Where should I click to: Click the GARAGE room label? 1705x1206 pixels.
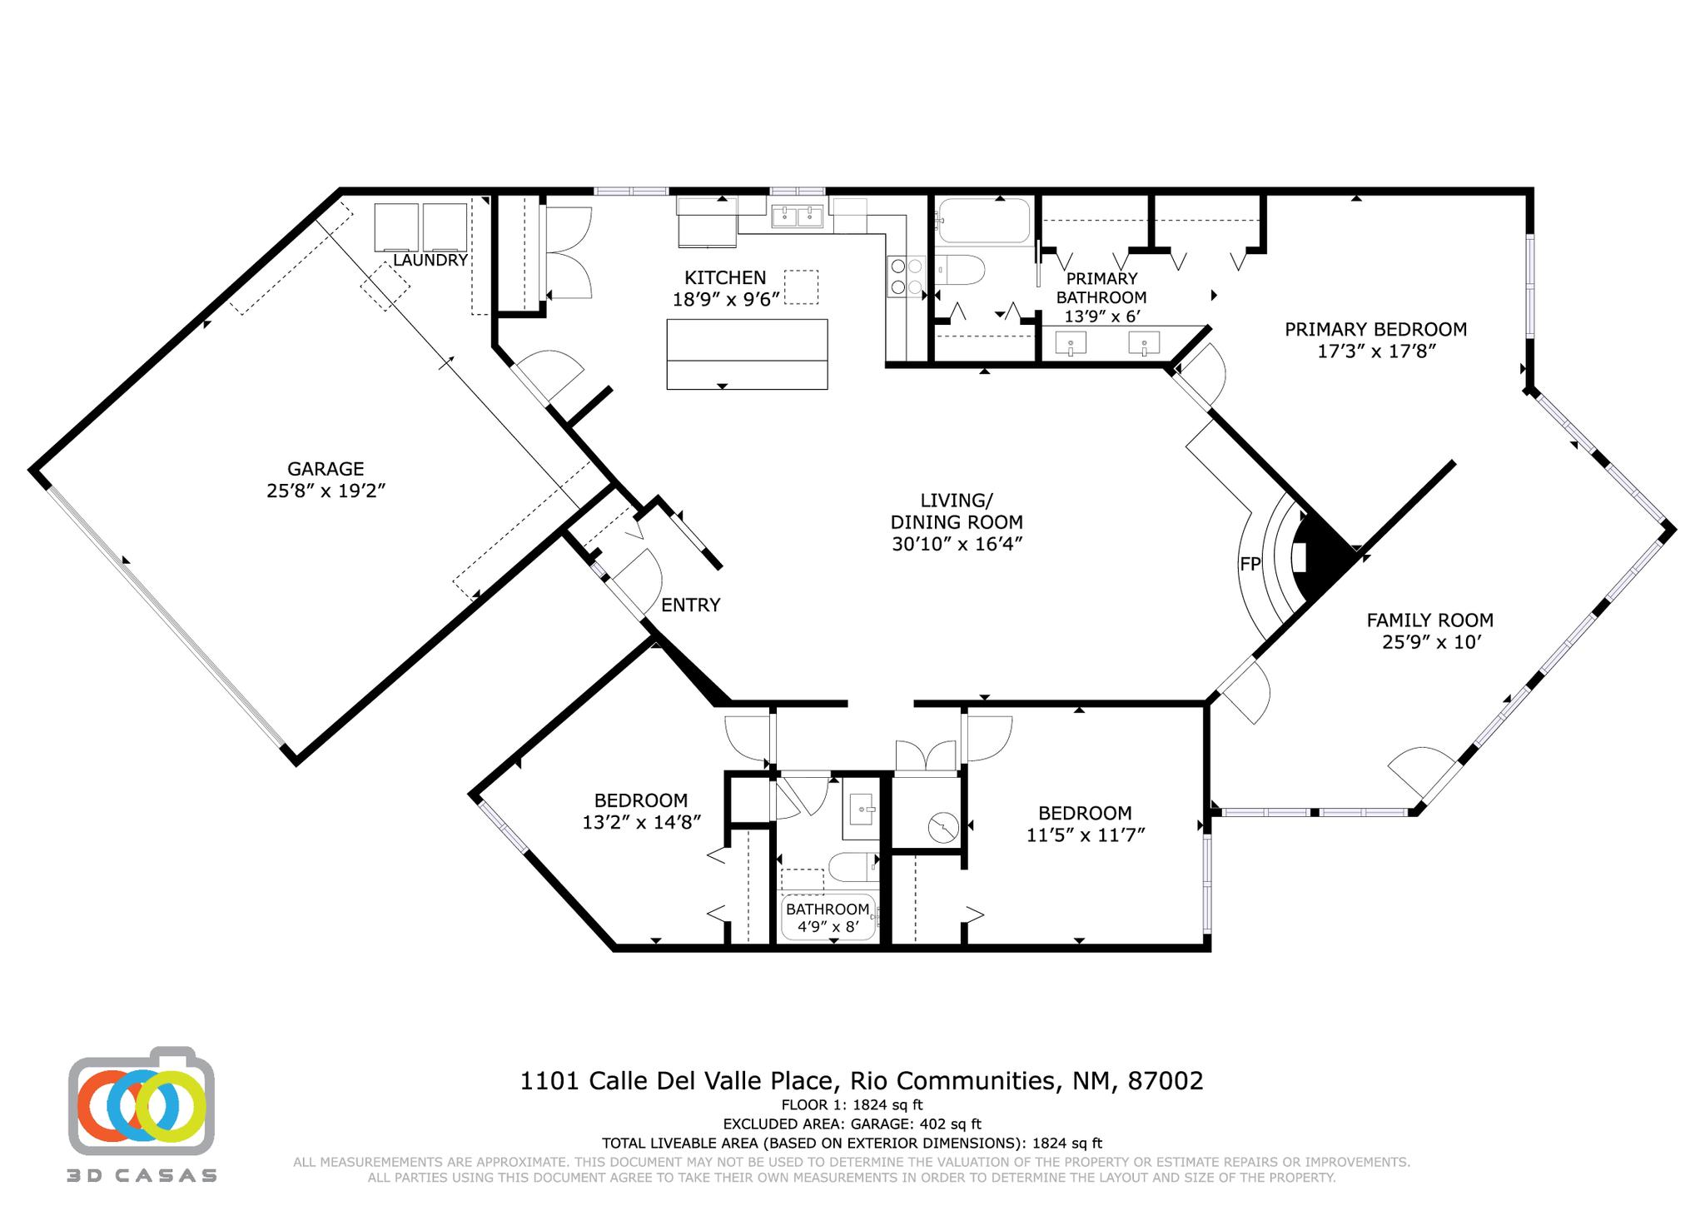(326, 469)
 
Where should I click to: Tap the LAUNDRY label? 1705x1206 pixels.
(430, 260)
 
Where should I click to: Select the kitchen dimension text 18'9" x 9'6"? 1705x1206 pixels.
(726, 299)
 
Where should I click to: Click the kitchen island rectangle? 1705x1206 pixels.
(747, 354)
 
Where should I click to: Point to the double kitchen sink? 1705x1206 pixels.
(797, 217)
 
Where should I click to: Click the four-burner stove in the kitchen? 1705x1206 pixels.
(907, 277)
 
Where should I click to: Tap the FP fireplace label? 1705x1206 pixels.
(1250, 564)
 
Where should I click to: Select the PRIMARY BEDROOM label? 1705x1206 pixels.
(1375, 329)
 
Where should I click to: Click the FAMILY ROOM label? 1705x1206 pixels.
(1430, 620)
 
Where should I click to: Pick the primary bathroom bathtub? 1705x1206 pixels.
(984, 220)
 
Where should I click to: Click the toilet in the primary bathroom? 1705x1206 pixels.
(961, 270)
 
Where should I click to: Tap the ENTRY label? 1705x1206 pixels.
(690, 605)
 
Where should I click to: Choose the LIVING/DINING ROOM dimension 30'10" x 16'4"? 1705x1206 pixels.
(957, 544)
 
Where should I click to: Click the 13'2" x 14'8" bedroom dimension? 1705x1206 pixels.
(641, 822)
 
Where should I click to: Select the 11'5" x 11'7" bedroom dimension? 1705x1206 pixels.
(1086, 835)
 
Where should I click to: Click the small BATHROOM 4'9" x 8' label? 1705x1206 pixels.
(828, 917)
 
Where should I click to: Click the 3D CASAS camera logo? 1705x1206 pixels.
(142, 1100)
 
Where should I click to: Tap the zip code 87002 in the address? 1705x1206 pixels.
(1166, 1081)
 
